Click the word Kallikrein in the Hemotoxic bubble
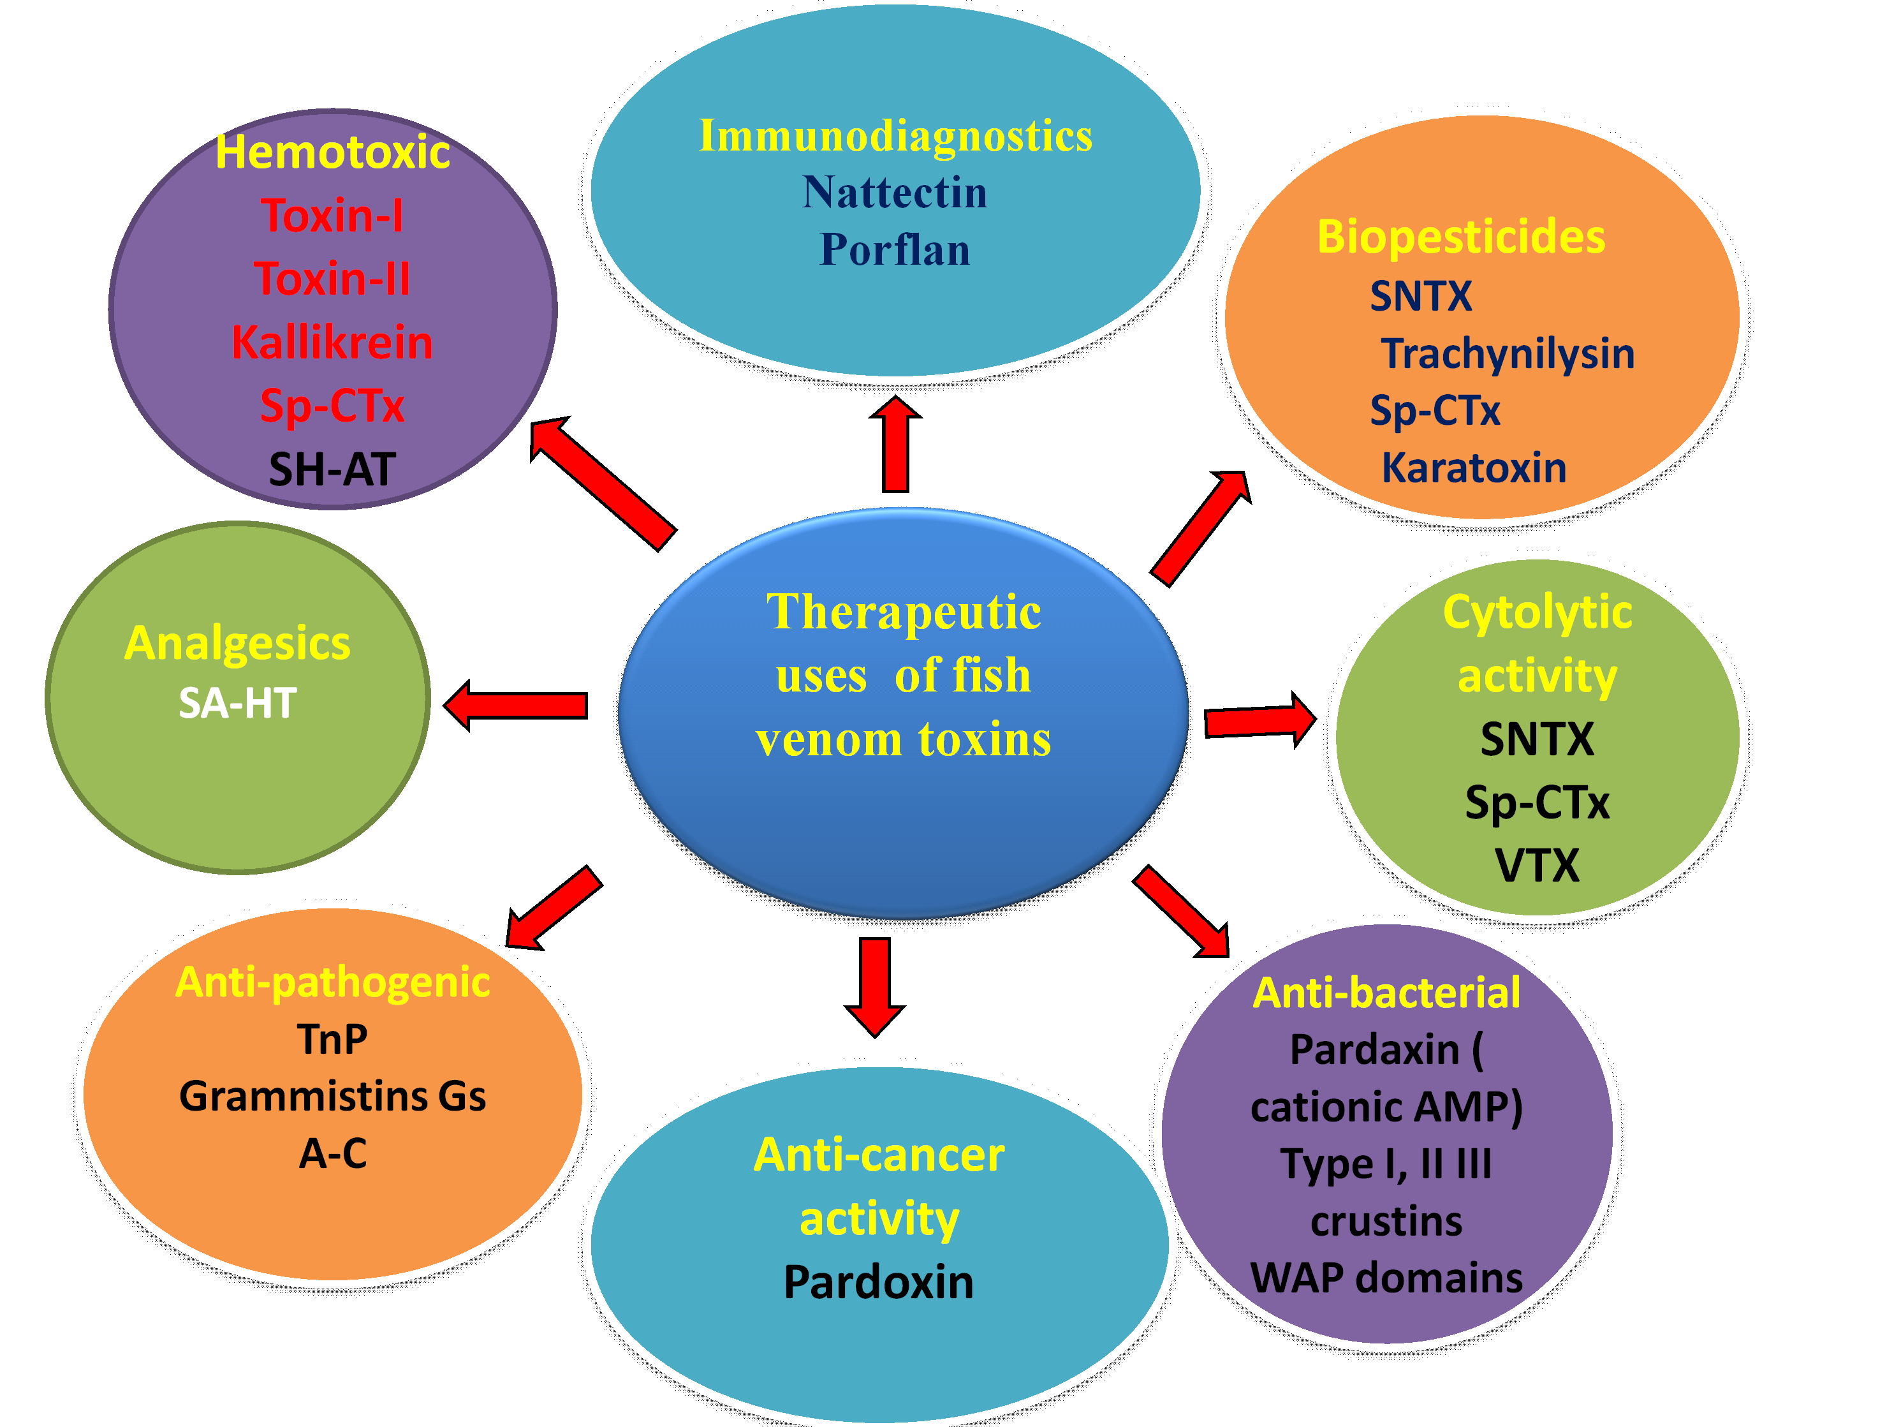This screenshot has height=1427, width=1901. point(332,342)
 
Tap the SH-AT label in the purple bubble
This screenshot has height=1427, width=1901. point(332,470)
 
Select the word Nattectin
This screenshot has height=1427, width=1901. point(895,193)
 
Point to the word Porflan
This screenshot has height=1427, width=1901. point(895,250)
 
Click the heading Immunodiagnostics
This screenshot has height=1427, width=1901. point(895,136)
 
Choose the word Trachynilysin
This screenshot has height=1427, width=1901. point(1508,353)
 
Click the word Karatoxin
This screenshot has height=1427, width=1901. point(1474,468)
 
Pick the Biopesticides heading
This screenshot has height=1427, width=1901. point(1461,237)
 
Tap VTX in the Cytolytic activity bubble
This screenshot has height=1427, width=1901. point(1537,866)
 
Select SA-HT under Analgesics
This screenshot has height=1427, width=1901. point(238,703)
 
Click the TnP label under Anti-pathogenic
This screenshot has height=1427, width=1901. point(332,1039)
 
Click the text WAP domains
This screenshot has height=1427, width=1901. point(1386,1278)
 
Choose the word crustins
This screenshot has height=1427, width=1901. point(1386,1222)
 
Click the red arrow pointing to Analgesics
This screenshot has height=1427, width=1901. point(516,706)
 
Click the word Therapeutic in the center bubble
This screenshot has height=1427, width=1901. point(903,612)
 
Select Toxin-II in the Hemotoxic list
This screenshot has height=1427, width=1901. point(332,279)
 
